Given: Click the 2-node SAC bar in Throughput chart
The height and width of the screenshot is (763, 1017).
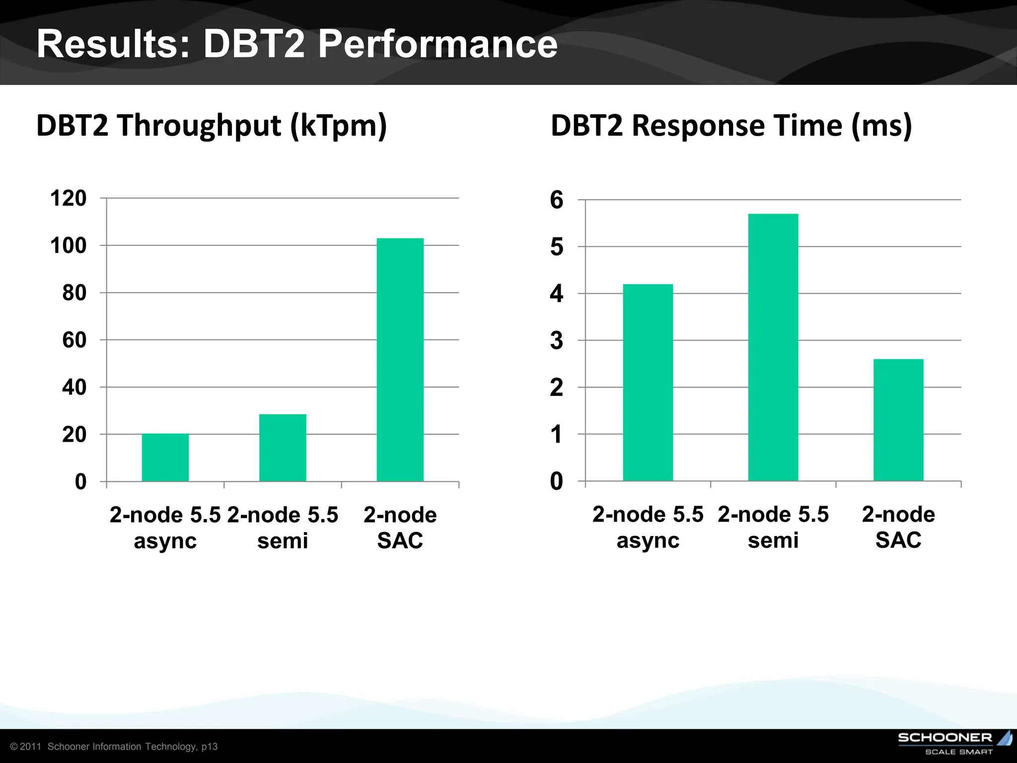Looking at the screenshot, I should (400, 360).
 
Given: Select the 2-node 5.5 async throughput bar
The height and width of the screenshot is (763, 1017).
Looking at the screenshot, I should (165, 458).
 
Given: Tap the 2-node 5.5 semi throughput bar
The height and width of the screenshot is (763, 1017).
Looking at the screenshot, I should (283, 448).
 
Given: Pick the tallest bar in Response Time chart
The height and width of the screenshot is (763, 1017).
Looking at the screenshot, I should (773, 347).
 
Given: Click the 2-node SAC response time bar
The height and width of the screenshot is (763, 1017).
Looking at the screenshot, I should (898, 420).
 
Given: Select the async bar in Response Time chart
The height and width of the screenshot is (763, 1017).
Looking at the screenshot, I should (648, 382).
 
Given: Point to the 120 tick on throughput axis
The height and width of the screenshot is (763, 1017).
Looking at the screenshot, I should (68, 198).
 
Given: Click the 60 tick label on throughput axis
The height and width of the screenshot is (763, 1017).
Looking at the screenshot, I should (74, 340).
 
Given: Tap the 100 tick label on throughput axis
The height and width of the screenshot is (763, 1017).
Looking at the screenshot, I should (68, 245).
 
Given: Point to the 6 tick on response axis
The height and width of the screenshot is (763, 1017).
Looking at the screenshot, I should (556, 200).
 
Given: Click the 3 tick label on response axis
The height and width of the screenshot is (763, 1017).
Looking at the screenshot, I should (556, 341).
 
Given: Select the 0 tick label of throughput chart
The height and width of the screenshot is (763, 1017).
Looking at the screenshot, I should (80, 482).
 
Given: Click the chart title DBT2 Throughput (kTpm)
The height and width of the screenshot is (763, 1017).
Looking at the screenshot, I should (212, 125).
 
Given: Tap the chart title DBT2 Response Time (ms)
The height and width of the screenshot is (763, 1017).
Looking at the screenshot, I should (731, 125).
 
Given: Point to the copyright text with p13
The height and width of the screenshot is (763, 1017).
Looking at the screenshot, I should (114, 747).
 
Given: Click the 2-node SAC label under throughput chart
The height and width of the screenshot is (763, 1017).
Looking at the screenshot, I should (400, 528).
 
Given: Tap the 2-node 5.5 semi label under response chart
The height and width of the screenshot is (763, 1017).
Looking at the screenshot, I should (773, 527).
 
